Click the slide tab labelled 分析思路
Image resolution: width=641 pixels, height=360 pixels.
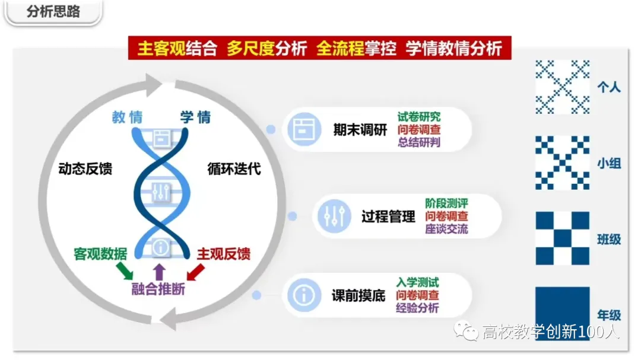53,11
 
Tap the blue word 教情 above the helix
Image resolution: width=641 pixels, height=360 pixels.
127,117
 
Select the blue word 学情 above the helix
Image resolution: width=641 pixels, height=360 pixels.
195,117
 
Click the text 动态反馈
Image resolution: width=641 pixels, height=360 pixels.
85,168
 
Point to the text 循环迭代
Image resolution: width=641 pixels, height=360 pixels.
234,168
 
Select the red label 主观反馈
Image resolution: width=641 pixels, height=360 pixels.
223,254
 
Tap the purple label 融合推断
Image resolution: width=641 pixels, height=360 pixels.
158,289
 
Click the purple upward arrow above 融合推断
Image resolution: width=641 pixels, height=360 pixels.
158,272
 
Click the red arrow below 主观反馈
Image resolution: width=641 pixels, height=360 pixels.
195,272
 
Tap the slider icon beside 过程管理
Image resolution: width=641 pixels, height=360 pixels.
332,216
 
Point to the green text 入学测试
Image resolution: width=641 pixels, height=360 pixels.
418,282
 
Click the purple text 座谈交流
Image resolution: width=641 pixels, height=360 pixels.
446,229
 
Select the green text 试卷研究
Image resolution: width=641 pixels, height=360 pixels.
419,116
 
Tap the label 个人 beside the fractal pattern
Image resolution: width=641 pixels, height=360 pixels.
608,87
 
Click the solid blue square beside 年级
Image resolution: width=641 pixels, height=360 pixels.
562,313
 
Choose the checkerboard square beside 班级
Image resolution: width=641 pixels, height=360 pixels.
562,238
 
